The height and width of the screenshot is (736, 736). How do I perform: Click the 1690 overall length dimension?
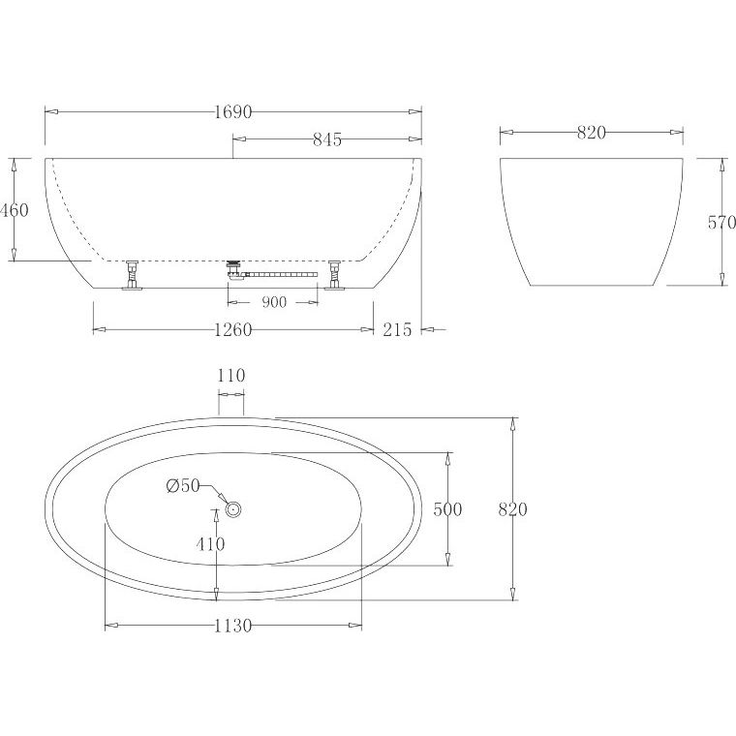[233, 112]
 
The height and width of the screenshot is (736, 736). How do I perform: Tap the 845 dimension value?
[327, 139]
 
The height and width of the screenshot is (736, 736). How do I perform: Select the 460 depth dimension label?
[15, 210]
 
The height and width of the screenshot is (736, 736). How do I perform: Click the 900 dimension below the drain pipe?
[274, 302]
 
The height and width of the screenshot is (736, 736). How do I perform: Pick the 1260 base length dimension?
[233, 330]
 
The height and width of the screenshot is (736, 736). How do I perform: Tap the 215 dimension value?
[397, 329]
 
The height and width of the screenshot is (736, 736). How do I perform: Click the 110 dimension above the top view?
[231, 376]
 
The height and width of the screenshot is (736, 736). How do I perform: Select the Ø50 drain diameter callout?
[183, 486]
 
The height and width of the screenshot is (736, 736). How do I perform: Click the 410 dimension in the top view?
[210, 544]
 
